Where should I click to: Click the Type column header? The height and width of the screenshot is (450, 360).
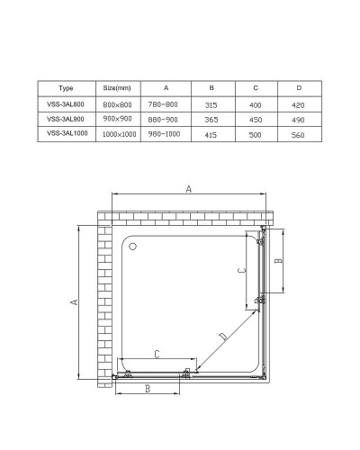pos(66,89)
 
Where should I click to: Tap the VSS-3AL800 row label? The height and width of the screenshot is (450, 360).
pos(66,103)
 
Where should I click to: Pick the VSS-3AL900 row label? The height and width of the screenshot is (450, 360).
pos(66,119)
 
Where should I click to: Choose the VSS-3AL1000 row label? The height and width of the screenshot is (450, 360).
pos(66,133)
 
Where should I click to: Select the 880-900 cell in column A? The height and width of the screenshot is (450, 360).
pos(166,119)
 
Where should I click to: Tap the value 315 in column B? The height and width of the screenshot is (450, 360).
pos(211,103)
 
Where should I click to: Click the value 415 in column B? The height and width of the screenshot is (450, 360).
pos(211,133)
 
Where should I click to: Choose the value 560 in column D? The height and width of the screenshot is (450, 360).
pos(300,133)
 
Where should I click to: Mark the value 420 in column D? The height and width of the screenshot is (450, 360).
pos(300,103)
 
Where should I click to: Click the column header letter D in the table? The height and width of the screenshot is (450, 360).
pos(300,89)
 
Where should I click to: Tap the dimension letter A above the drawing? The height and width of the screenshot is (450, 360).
pos(188,189)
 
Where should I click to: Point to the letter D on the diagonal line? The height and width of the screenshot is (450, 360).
pos(221,337)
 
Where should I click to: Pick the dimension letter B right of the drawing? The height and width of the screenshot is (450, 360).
pos(279,262)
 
